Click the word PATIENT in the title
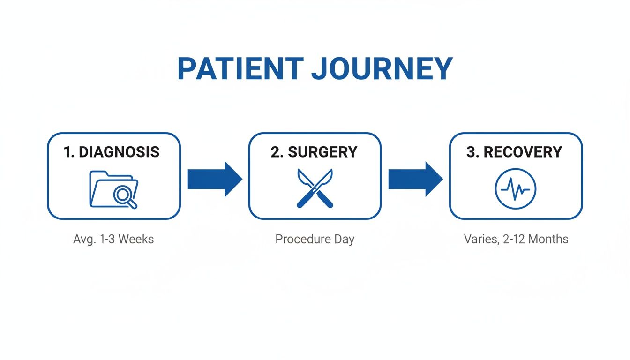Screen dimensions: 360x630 (x=239, y=69)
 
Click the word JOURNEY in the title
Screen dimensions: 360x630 (x=382, y=69)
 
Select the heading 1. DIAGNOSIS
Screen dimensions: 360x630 (x=112, y=152)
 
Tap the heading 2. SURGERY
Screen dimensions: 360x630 (x=314, y=152)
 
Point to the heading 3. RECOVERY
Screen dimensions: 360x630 (x=514, y=152)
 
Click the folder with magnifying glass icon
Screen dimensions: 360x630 (x=113, y=189)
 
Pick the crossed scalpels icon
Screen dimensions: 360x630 (x=315, y=188)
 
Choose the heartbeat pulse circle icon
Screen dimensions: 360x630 (x=515, y=189)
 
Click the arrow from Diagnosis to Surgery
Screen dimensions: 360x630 (x=214, y=179)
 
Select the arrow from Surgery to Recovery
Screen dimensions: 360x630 (x=415, y=179)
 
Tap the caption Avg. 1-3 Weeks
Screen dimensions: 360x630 (x=113, y=239)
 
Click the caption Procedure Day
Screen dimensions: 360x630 (x=315, y=239)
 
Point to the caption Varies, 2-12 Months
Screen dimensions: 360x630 (x=516, y=239)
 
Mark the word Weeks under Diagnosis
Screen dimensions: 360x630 (x=136, y=239)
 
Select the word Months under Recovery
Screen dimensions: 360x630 (x=548, y=239)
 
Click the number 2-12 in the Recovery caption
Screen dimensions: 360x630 (x=512, y=239)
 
